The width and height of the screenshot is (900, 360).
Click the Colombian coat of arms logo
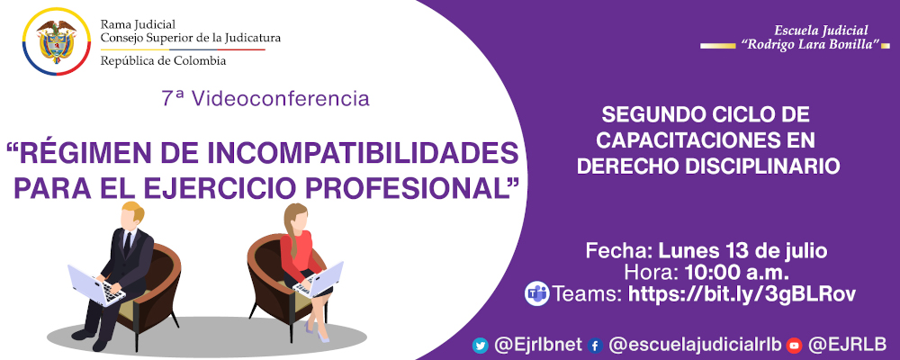pyautogui.click(x=55, y=42)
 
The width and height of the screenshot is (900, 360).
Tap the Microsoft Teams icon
pyautogui.click(x=537, y=293)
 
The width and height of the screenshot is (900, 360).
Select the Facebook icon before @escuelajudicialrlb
pyautogui.click(x=595, y=345)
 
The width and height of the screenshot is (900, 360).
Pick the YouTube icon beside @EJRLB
pyautogui.click(x=794, y=345)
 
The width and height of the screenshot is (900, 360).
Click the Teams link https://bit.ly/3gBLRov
pyautogui.click(x=741, y=293)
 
